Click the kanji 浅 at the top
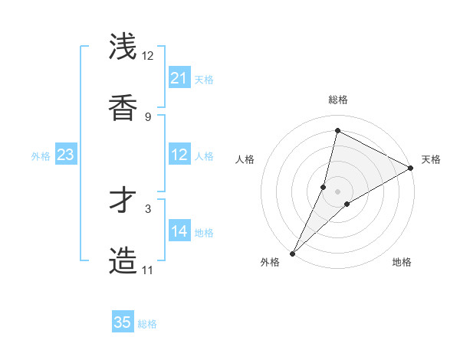[123, 47]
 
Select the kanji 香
[123, 108]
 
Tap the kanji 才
[123, 200]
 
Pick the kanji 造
[123, 261]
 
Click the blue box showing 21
[179, 78]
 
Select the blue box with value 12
[179, 155]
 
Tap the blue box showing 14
[179, 232]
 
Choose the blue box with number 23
[65, 155]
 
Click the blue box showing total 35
[123, 322]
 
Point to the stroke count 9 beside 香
[148, 116]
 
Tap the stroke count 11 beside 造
[147, 270]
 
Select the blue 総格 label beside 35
[148, 324]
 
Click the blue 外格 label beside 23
[41, 156]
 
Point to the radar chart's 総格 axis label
[338, 100]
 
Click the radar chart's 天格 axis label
[431, 159]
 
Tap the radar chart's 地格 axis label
[402, 262]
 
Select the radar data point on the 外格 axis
[292, 253]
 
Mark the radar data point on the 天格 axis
[411, 168]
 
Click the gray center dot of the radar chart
[338, 191]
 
